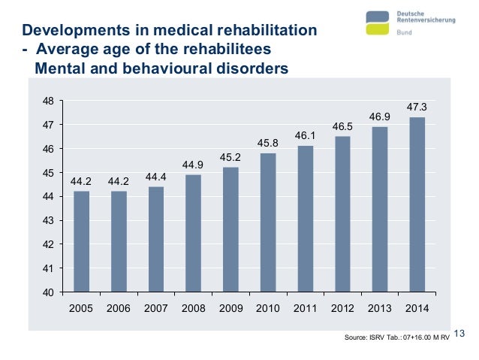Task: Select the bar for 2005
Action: click(81, 241)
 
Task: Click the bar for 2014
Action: click(417, 204)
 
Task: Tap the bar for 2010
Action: click(268, 222)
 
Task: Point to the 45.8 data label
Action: click(268, 143)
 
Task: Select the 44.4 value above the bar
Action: click(155, 177)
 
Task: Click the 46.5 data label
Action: click(342, 126)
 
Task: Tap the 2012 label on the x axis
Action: click(342, 308)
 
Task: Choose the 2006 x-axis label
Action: click(119, 308)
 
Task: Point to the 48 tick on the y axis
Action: click(47, 101)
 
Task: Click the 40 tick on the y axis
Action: click(47, 292)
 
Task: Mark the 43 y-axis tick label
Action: click(47, 221)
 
